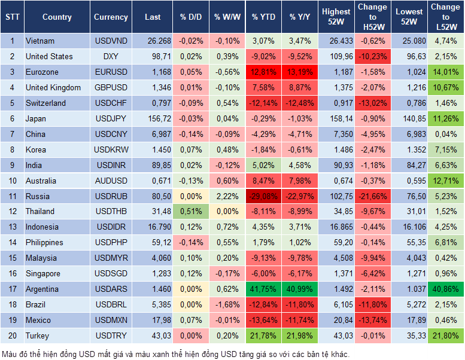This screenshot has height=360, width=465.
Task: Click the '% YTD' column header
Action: [x=263, y=17]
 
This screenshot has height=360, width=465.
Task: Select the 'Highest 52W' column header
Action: [x=336, y=17]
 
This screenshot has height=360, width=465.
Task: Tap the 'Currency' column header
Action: [x=111, y=17]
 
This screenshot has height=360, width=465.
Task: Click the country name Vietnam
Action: [x=40, y=41]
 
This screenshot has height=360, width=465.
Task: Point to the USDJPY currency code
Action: [x=111, y=118]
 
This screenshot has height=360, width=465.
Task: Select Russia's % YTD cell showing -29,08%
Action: [x=264, y=196]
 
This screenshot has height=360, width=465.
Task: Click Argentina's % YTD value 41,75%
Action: [x=264, y=289]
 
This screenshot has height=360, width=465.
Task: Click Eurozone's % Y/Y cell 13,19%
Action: [x=300, y=72]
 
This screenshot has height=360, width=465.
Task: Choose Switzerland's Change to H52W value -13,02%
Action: [x=372, y=103]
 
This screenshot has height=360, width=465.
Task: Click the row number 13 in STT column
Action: [x=11, y=227]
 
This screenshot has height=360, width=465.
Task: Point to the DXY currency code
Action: [x=111, y=56]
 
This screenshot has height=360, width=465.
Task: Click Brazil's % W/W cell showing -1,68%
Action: [x=227, y=304]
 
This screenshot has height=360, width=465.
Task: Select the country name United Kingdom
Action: [x=53, y=87]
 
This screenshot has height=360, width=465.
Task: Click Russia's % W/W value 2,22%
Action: [x=227, y=196]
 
